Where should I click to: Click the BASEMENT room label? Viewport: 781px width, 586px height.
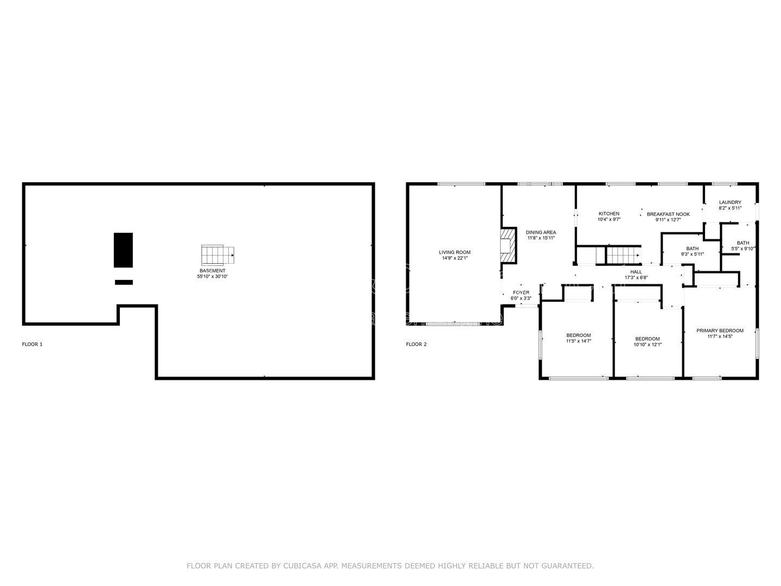(212, 270)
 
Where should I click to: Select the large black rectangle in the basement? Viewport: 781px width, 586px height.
(123, 250)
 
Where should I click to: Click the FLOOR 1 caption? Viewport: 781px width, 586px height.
(32, 344)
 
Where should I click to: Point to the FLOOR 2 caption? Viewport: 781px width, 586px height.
(417, 344)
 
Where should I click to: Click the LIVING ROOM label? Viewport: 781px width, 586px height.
(454, 252)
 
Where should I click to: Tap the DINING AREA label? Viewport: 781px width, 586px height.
(541, 232)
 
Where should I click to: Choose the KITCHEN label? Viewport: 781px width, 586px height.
(609, 214)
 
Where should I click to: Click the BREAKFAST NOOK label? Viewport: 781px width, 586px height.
(668, 214)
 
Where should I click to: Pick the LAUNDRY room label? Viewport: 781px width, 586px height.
(730, 202)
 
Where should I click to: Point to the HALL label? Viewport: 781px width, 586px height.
(636, 272)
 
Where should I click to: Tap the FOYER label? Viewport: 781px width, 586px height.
(521, 292)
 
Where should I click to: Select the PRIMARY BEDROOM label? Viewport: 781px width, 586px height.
(720, 330)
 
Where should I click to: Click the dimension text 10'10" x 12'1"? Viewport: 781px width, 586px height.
(648, 345)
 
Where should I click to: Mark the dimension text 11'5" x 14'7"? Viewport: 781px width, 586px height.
(578, 341)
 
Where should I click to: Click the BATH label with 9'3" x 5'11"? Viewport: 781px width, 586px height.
(692, 249)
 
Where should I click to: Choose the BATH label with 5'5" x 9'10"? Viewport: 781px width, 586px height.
(742, 243)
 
